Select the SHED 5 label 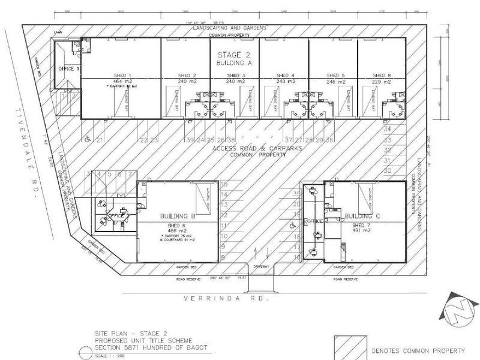click(x=334, y=76)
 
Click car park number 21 click(x=100, y=140)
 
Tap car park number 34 click(x=387, y=128)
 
